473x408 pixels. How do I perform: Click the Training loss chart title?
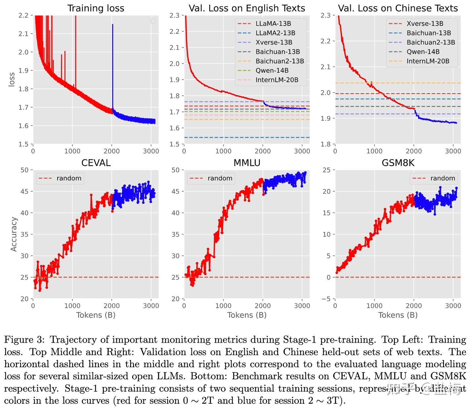pyautogui.click(x=96, y=8)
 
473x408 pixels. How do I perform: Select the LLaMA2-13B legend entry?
pyautogui.click(x=275, y=33)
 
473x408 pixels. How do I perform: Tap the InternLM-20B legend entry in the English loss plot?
pyautogui.click(x=277, y=80)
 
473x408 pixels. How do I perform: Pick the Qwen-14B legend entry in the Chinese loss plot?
pyautogui.click(x=423, y=52)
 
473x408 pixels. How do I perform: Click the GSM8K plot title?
pyautogui.click(x=398, y=163)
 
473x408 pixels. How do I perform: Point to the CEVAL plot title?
pyautogui.click(x=96, y=163)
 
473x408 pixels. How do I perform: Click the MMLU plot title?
pyautogui.click(x=247, y=163)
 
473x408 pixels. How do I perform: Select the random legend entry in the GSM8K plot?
pyautogui.click(x=442, y=178)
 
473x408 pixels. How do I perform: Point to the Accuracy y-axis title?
pyautogui.click(x=13, y=234)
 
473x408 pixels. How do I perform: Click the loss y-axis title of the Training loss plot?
pyautogui.click(x=12, y=79)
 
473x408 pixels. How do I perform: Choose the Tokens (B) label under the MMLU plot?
pyautogui.click(x=247, y=315)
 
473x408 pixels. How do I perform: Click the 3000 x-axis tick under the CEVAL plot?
pyautogui.click(x=151, y=306)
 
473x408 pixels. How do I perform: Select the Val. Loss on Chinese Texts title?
pyautogui.click(x=398, y=8)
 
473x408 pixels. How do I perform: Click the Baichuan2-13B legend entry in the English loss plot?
pyautogui.click(x=280, y=61)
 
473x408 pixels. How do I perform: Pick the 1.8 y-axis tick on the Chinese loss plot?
pyautogui.click(x=326, y=144)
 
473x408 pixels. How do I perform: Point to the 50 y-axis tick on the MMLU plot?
pyautogui.click(x=176, y=170)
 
